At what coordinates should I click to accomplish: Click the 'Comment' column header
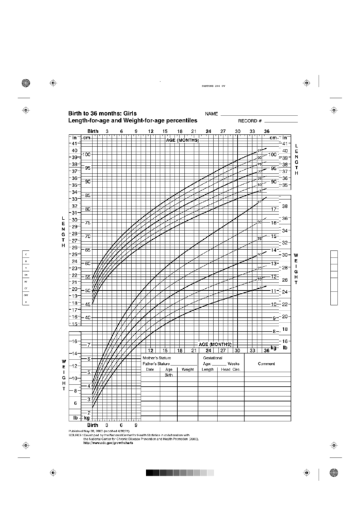click(264, 364)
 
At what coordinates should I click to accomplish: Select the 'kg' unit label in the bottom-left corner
click(86, 418)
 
